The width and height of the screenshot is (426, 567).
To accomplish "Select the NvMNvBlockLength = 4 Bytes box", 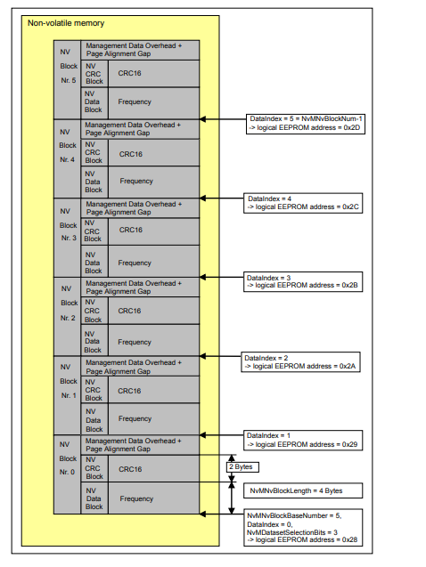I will [x=294, y=490].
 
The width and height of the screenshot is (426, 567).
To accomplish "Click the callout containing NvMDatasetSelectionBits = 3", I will [x=301, y=525].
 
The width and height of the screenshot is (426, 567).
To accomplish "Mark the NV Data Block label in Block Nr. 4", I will [x=93, y=182].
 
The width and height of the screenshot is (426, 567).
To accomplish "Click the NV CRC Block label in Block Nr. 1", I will [x=93, y=390].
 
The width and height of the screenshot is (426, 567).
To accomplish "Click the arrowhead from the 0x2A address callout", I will [x=205, y=356].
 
